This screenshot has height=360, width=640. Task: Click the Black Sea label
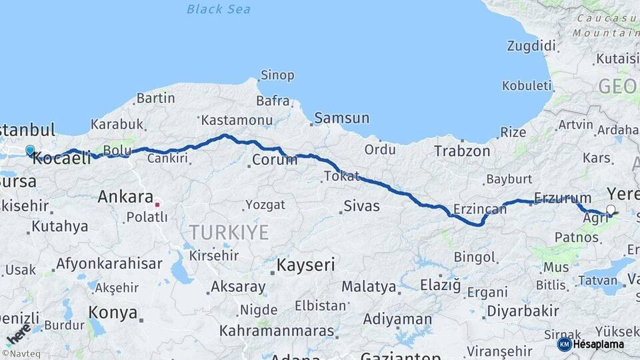tap(218, 9)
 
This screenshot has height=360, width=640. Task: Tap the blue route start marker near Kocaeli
tap(30, 151)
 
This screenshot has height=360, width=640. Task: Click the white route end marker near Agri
tap(610, 211)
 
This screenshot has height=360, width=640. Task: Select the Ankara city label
tap(125, 197)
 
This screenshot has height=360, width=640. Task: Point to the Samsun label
tap(341, 118)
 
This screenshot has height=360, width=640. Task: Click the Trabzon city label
tap(462, 151)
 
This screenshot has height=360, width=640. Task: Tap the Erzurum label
tap(563, 198)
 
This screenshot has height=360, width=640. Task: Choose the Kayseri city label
tap(305, 265)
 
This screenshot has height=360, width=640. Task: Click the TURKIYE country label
tap(229, 233)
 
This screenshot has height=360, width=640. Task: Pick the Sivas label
tap(361, 205)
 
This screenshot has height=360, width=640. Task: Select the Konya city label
tap(113, 313)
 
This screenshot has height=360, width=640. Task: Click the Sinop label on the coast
tap(277, 75)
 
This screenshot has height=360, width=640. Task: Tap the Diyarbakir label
tap(523, 311)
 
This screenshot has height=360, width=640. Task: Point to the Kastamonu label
tap(237, 121)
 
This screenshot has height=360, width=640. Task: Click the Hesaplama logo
tap(591, 344)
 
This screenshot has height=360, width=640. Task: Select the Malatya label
tap(369, 287)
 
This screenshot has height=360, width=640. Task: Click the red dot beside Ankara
tap(157, 205)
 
